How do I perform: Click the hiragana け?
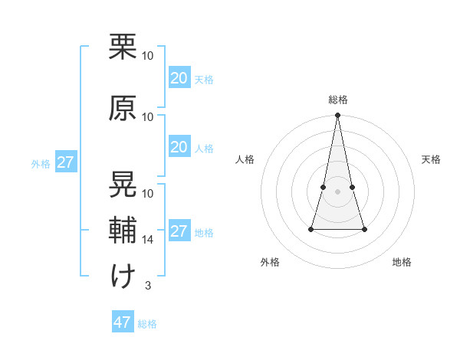[123, 276]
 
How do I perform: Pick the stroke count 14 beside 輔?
[148, 240]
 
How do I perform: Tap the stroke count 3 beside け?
[147, 286]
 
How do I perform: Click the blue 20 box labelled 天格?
[179, 78]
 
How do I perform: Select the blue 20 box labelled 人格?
[179, 147]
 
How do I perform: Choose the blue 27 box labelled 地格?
[179, 231]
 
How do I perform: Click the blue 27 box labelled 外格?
[65, 162]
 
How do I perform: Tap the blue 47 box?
[123, 322]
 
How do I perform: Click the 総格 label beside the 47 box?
[148, 324]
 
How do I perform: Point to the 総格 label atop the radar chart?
[337, 100]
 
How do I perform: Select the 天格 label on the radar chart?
[432, 159]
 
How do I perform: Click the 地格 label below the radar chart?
[402, 262]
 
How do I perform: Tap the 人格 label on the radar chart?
[245, 159]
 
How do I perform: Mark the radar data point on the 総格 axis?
[337, 116]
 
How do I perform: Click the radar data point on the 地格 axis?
[364, 229]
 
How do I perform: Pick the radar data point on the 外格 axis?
[311, 229]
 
